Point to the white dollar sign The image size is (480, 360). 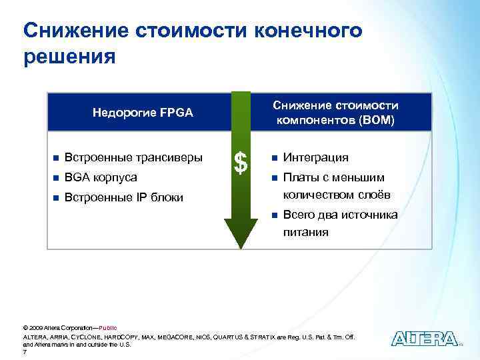click(242, 161)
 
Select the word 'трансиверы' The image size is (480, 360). click(170, 158)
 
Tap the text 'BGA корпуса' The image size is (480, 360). click(102, 177)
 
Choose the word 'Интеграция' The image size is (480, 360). click(316, 158)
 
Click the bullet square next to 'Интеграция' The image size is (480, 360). click(273, 158)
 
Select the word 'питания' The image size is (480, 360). click(306, 233)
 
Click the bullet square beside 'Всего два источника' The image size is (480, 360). click(273, 215)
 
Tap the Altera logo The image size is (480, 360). click(424, 339)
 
